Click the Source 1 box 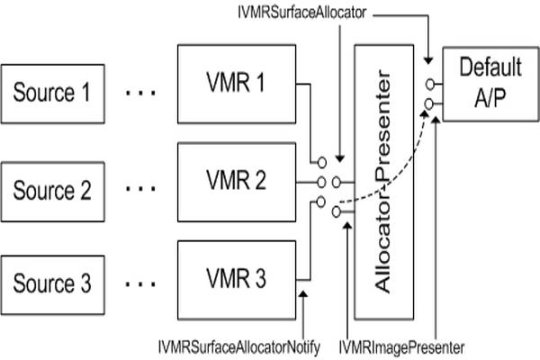point(52,94)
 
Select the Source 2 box point(52,190)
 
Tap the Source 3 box point(52,285)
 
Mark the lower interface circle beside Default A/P point(430,103)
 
